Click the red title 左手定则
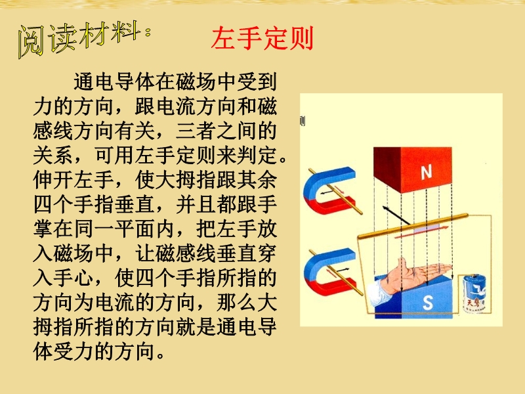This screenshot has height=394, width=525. [x=262, y=38]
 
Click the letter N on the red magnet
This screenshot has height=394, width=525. [x=426, y=173]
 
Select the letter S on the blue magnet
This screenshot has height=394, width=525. [x=428, y=303]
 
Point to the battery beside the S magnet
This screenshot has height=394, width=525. [x=474, y=294]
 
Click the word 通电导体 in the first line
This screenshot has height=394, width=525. [x=114, y=81]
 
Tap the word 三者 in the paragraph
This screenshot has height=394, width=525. [x=196, y=131]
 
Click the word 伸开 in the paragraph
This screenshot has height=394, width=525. [x=53, y=179]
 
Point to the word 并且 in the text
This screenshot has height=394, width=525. [x=196, y=204]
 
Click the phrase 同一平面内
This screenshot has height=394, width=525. [x=124, y=229]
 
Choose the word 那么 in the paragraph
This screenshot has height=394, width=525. [x=236, y=302]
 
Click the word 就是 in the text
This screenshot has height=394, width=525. [x=196, y=326]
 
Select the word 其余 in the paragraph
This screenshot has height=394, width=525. [x=257, y=179]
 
